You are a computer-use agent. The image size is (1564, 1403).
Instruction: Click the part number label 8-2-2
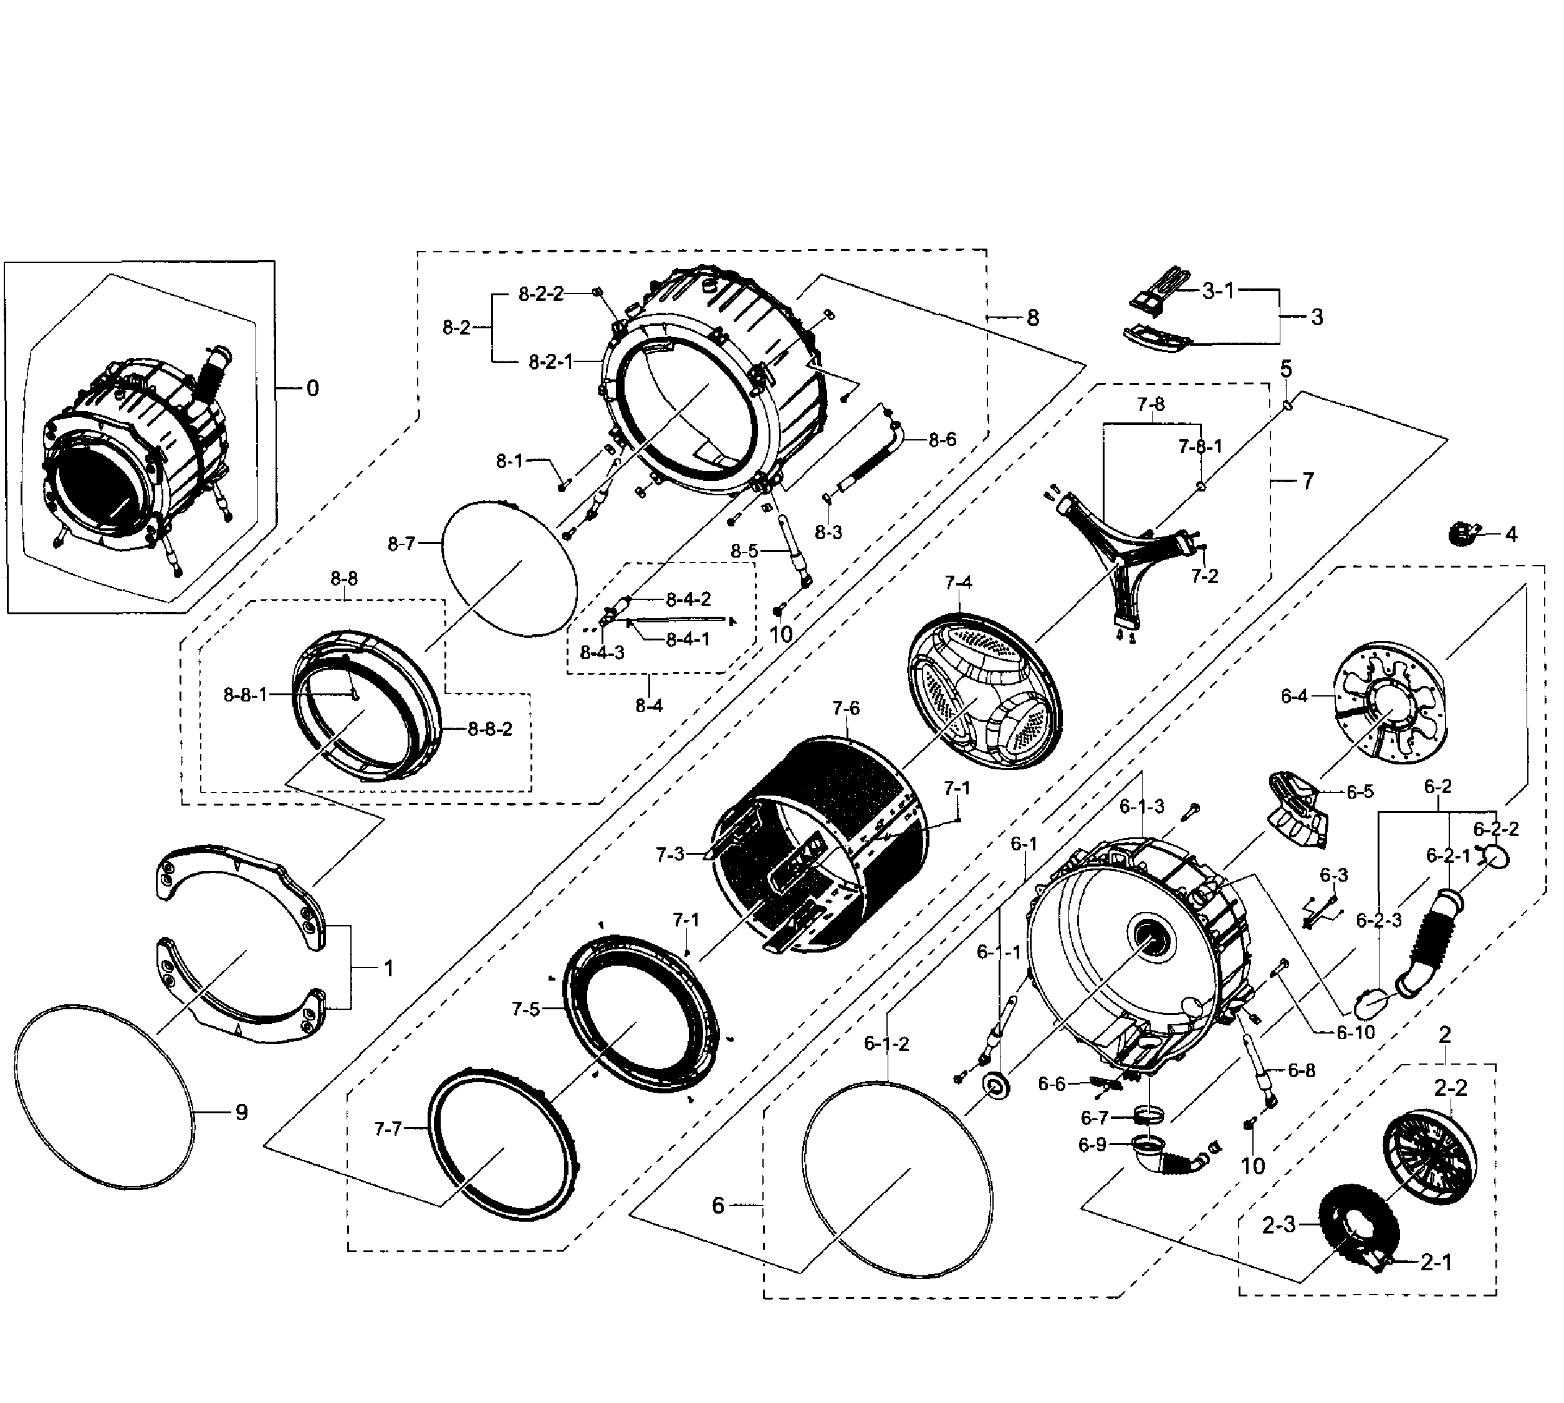540,293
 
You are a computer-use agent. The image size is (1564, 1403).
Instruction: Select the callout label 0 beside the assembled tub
312,389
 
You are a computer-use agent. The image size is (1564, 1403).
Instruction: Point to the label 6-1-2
886,1044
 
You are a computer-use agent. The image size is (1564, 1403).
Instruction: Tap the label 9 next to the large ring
241,1113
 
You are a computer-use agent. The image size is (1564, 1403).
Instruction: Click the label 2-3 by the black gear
1279,1224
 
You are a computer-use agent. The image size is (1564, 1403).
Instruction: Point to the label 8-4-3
602,653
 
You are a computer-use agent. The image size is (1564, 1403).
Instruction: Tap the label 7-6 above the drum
845,708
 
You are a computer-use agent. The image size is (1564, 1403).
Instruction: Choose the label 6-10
1355,1033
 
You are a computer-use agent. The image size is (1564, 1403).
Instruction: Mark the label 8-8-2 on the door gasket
490,728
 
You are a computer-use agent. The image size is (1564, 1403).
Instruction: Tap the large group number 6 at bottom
718,1205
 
